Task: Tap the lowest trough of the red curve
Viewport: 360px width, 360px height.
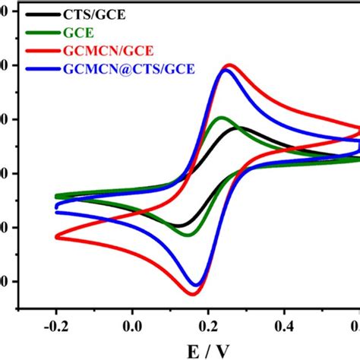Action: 190,293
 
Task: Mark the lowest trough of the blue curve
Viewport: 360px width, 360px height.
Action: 196,286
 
